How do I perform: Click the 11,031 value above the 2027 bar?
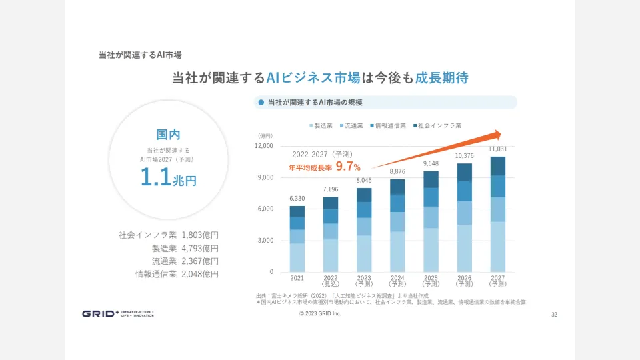498,149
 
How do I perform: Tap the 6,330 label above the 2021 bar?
297,198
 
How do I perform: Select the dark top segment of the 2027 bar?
498,166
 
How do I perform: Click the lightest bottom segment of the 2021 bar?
297,257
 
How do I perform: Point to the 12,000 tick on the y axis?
265,146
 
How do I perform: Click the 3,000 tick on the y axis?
266,241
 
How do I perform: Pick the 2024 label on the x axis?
397,277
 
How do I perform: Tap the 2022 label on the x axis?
331,277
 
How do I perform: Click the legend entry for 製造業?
323,125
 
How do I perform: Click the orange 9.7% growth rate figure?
348,167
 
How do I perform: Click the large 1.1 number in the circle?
155,177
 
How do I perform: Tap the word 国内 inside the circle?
168,134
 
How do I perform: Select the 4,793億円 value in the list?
200,248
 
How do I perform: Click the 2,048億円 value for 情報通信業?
200,273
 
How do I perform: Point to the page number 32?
554,314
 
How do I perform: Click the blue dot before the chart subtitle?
261,103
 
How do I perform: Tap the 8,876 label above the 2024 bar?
397,171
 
